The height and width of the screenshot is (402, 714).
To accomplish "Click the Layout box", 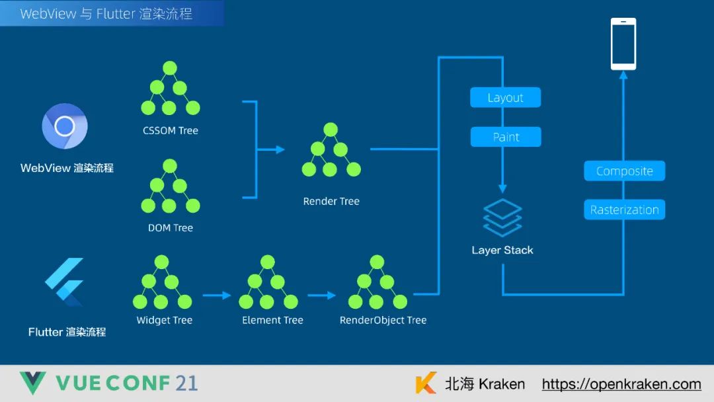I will [505, 98].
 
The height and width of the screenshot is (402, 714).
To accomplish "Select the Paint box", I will [505, 137].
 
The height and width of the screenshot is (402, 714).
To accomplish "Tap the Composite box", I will [624, 171].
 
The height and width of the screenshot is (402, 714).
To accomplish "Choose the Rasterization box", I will [624, 210].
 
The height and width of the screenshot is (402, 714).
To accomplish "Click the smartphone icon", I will [623, 44].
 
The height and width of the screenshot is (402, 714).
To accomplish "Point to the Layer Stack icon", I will [502, 218].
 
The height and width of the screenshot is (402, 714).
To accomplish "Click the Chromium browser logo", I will [65, 126].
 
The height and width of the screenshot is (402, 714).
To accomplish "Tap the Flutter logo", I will [65, 282].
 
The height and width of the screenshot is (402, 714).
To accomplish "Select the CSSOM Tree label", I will [171, 131].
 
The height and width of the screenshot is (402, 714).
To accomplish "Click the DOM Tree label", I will [171, 228].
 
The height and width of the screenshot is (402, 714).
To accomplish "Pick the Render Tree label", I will [331, 202].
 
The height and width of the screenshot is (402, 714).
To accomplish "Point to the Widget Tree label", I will [164, 321].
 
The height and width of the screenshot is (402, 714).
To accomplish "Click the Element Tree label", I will [272, 321].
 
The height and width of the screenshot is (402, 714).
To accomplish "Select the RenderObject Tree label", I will [383, 321].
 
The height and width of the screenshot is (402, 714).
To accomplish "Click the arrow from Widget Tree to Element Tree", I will [216, 296].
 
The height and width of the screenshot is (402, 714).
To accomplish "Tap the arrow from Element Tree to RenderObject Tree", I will [322, 296].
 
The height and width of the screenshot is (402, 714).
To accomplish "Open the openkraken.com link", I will [621, 384].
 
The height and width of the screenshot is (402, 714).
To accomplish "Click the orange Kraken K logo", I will [426, 383].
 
